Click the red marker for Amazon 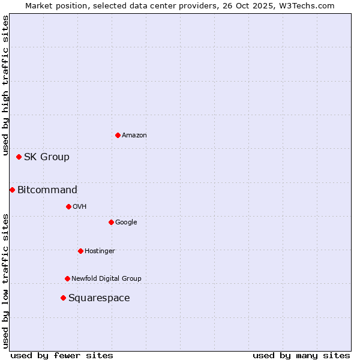coord(118,135)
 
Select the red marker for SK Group coord(19,157)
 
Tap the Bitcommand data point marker coord(12,190)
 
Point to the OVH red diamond coord(68,206)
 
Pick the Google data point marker coord(111,222)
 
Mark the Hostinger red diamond coord(80,251)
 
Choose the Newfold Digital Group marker coord(67,278)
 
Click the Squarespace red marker coord(63,298)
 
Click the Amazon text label coord(134,136)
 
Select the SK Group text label coord(47,157)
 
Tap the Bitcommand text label coord(47,190)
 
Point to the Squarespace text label coord(99,298)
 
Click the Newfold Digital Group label coord(106,278)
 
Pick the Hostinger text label coord(100,251)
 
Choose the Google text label coord(126,222)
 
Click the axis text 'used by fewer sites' coord(62,355)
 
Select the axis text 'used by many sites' coord(301,355)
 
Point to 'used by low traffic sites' coord(5,281)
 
